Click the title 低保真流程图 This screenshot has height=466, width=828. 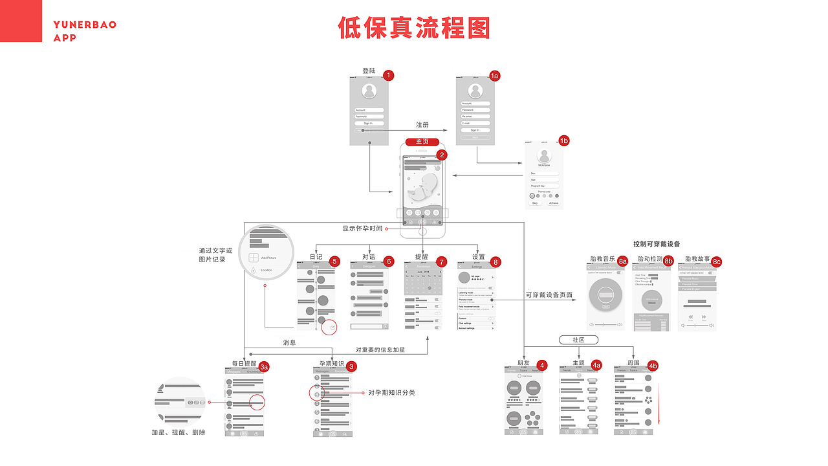point(414,28)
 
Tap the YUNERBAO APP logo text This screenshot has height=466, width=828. point(85,31)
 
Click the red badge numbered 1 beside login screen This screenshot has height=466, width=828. point(388,75)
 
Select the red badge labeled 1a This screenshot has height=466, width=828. point(494,76)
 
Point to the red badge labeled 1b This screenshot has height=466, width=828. point(563,140)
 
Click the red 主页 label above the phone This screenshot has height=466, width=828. point(422,142)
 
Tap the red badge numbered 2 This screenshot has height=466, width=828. point(441,155)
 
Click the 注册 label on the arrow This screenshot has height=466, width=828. point(422,125)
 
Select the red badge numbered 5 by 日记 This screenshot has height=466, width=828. point(334,261)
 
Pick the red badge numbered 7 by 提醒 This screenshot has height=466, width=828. point(442,261)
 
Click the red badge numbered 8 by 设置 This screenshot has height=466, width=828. point(496,261)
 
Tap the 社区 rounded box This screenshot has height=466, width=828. point(578,340)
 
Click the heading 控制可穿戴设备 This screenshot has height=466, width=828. point(657,244)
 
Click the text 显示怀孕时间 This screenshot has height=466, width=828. point(362,228)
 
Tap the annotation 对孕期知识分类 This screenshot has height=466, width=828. point(391,393)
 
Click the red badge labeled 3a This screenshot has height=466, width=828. point(264,366)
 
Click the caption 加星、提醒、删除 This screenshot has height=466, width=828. point(178,432)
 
